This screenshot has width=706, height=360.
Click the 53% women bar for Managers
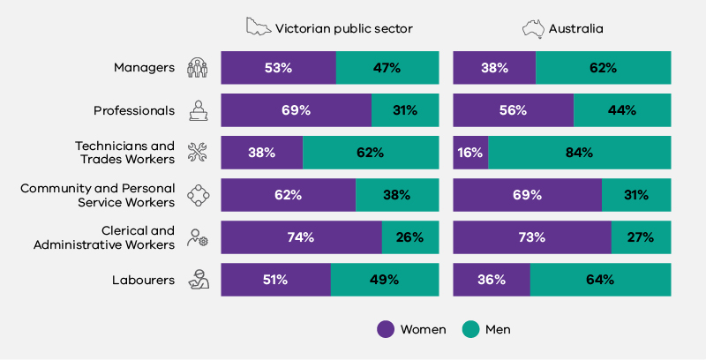click(278, 68)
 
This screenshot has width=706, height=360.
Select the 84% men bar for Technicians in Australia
click(579, 153)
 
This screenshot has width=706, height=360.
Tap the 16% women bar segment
click(470, 153)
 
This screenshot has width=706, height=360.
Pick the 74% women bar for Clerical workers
click(301, 237)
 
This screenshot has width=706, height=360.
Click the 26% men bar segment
click(410, 237)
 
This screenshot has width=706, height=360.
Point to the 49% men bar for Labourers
click(385, 280)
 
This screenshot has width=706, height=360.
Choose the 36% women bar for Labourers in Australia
click(492, 280)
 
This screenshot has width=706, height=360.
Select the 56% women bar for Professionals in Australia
click(513, 110)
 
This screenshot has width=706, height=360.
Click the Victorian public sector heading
click(343, 28)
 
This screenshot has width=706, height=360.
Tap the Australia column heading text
click(575, 28)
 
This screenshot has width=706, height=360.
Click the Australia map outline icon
click(533, 28)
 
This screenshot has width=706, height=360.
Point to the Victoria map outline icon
click(259, 27)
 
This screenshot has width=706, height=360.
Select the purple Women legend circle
click(386, 329)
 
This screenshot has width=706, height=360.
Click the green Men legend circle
click(471, 329)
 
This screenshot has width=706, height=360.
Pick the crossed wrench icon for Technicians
click(198, 153)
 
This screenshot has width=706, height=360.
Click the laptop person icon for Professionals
click(198, 110)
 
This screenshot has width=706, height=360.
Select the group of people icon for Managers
click(198, 68)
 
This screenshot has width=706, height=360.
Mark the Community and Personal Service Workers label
click(97, 195)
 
